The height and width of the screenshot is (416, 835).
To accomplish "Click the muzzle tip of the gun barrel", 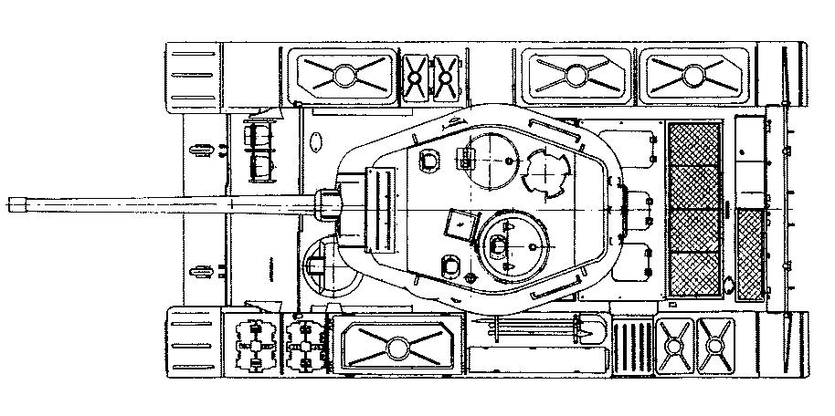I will (x=9, y=203).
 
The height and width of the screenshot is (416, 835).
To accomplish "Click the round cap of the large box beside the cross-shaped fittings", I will (x=395, y=347).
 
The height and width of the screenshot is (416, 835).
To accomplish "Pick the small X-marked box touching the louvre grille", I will (x=674, y=345).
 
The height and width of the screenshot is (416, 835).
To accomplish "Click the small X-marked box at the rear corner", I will (x=714, y=345).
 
